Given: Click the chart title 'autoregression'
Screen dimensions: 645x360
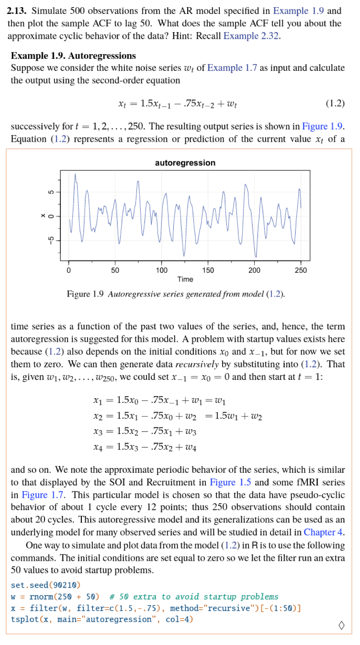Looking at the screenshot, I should click(185, 163).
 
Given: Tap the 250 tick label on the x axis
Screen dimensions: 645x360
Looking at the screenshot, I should click(301, 270).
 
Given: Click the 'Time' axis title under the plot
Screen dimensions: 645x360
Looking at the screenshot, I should click(185, 279).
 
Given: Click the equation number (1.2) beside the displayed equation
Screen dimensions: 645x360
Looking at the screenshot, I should click(335, 103).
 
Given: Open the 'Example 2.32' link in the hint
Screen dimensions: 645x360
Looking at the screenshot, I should click(251, 35).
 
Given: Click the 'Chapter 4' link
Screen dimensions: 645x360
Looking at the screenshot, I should click(324, 532).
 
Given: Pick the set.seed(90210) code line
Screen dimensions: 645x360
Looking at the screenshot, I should click(45, 585).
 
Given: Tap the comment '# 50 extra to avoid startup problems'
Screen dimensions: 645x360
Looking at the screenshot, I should click(193, 596).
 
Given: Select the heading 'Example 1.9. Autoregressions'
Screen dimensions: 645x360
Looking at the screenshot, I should click(73, 56).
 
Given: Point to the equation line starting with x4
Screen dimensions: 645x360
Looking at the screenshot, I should click(145, 448).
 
